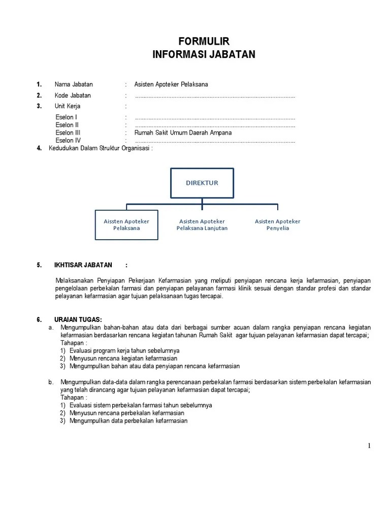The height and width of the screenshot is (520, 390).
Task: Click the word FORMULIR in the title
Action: click(204, 41)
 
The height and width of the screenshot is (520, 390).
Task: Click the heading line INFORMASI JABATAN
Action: click(204, 54)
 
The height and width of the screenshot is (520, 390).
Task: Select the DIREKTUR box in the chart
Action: click(202, 183)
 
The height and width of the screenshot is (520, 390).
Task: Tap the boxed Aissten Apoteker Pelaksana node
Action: click(126, 225)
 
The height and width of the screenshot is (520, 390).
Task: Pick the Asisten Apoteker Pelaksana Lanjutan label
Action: click(202, 225)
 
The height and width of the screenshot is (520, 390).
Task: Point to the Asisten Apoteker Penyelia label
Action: click(277, 225)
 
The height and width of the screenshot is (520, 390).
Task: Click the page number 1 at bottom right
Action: click(369, 446)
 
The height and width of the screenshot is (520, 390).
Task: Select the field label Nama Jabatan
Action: click(74, 84)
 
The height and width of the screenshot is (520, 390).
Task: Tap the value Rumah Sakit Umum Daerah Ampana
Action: click(183, 133)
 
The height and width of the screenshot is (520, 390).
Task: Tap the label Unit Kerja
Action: click(68, 106)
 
